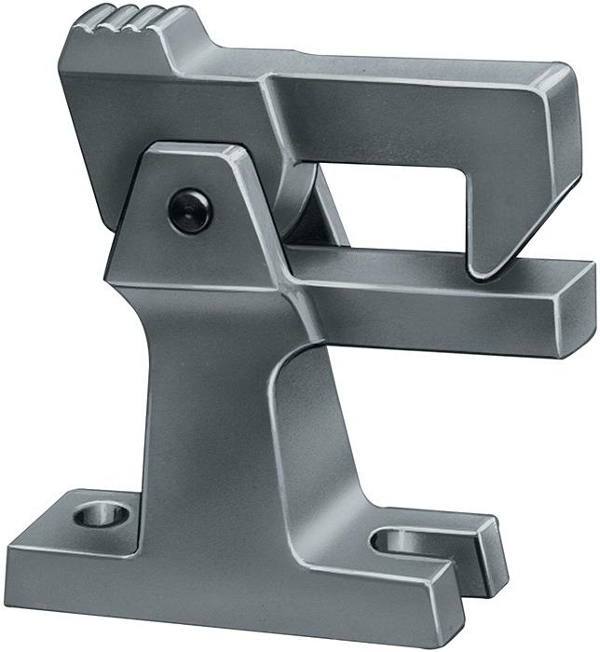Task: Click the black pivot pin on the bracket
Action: (190, 210)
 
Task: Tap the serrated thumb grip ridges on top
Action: (127, 20)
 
